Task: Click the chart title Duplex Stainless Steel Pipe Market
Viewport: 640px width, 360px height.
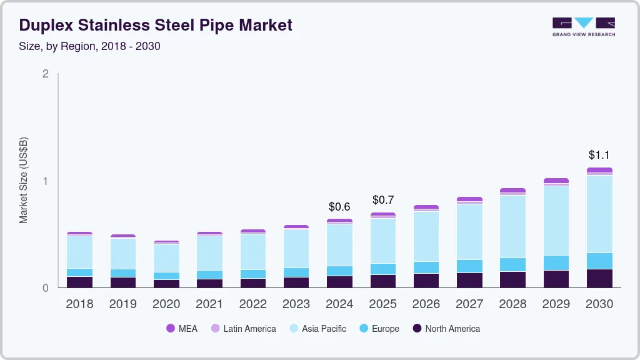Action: tap(156, 25)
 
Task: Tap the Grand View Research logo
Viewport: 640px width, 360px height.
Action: tap(583, 27)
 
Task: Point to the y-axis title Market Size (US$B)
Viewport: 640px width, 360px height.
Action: tap(24, 181)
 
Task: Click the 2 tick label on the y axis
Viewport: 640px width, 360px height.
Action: tap(45, 74)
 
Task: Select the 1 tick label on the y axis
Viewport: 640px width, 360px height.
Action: tap(45, 181)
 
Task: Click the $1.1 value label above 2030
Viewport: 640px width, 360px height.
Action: tap(599, 155)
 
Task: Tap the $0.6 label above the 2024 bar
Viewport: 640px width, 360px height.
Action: tap(339, 206)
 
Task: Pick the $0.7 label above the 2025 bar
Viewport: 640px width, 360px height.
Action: tap(383, 200)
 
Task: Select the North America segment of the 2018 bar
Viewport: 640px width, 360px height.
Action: tap(79, 282)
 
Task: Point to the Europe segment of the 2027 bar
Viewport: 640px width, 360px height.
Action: tap(469, 266)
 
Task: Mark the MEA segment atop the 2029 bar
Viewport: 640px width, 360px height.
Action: tap(556, 181)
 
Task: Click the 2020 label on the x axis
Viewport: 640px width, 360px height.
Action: tap(166, 304)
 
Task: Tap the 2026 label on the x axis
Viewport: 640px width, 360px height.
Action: tap(426, 304)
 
